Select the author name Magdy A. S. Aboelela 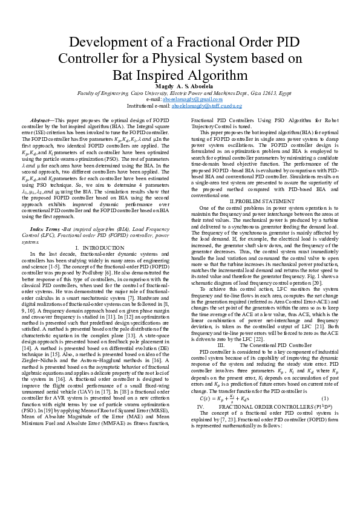pyautogui.click(x=180, y=87)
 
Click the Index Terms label pyautogui.click(x=45, y=230)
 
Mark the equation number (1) pyautogui.click(x=324, y=399)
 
